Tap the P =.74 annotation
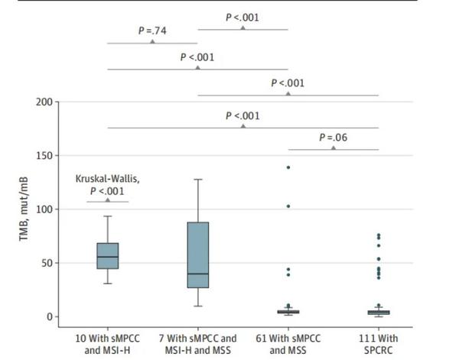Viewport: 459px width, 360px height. pyautogui.click(x=152, y=31)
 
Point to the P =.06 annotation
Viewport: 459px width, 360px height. pyautogui.click(x=334, y=138)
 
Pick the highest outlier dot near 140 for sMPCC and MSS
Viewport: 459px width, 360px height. pyautogui.click(x=288, y=167)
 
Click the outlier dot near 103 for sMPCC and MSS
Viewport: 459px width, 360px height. pyautogui.click(x=288, y=206)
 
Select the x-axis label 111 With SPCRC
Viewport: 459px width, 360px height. pyautogui.click(x=379, y=343)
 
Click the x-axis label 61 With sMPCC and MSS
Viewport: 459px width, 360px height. pyautogui.click(x=288, y=343)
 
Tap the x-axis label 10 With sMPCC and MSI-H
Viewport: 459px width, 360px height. pyautogui.click(x=107, y=343)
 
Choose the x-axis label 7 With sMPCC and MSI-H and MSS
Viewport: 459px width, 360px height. pyautogui.click(x=197, y=343)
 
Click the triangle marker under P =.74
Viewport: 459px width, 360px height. pyautogui.click(x=152, y=41)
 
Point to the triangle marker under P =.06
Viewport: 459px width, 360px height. pyautogui.click(x=334, y=147)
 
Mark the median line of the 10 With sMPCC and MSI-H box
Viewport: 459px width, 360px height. pyautogui.click(x=107, y=257)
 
